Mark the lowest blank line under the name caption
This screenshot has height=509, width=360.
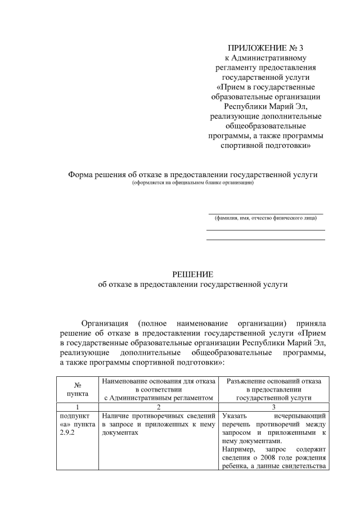coord(265,240)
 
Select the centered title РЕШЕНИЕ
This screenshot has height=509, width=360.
coord(192,274)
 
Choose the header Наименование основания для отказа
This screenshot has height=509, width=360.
coord(158,381)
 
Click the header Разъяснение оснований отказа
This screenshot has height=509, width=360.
coord(274,381)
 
